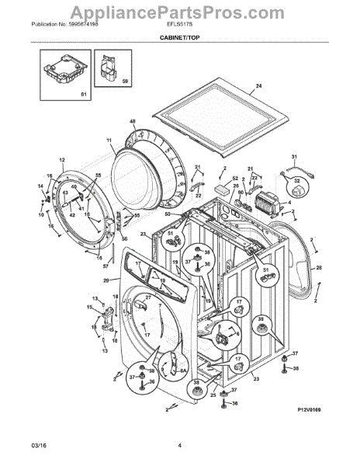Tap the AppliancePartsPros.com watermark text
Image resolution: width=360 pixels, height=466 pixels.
tap(179, 10)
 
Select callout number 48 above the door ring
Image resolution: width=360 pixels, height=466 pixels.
tap(132, 122)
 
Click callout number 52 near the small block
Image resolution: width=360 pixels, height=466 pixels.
tap(235, 179)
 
